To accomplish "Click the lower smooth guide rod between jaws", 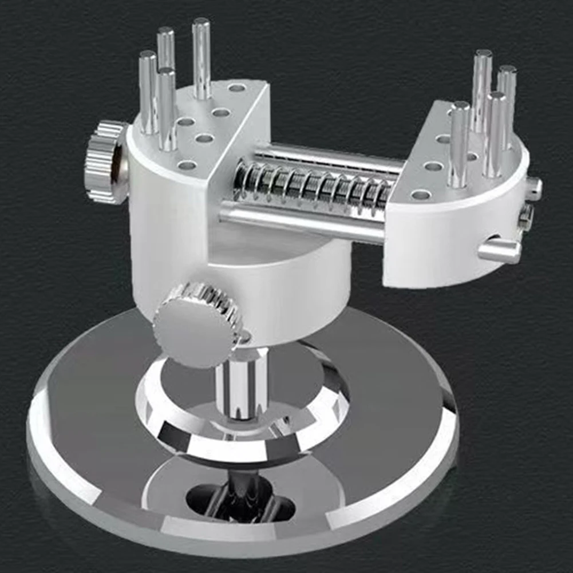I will [303, 221].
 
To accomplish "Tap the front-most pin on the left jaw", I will [167, 109].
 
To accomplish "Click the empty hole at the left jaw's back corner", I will [236, 88].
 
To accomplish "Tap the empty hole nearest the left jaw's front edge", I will [187, 165].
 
